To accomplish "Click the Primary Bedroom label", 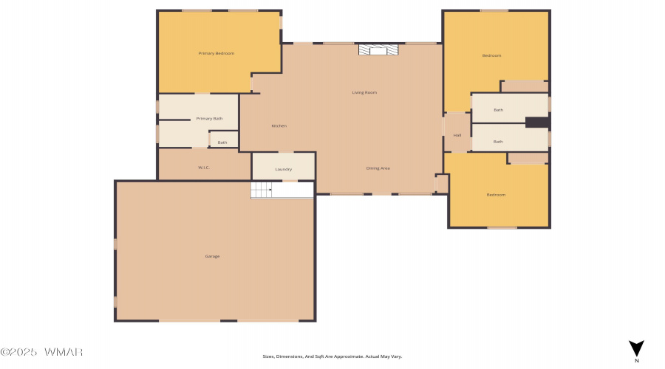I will click(216, 53).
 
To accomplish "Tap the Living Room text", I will click(364, 92).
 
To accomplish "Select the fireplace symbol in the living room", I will click(378, 49).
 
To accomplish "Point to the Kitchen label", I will click(279, 126).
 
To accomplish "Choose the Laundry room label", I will click(284, 169).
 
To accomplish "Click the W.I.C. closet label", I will click(204, 168).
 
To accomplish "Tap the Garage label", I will click(212, 256).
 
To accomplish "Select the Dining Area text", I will click(378, 168).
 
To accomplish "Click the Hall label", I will click(457, 135).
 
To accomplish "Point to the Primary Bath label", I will click(209, 118).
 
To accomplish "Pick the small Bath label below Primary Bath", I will click(222, 142).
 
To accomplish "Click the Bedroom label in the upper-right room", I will click(491, 55).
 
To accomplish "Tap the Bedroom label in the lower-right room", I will click(496, 195).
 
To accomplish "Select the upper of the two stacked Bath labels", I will click(499, 110).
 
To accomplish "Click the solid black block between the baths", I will click(537, 123).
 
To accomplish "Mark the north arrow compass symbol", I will click(636, 348).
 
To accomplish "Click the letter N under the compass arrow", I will click(636, 361).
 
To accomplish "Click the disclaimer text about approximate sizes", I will click(332, 356).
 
